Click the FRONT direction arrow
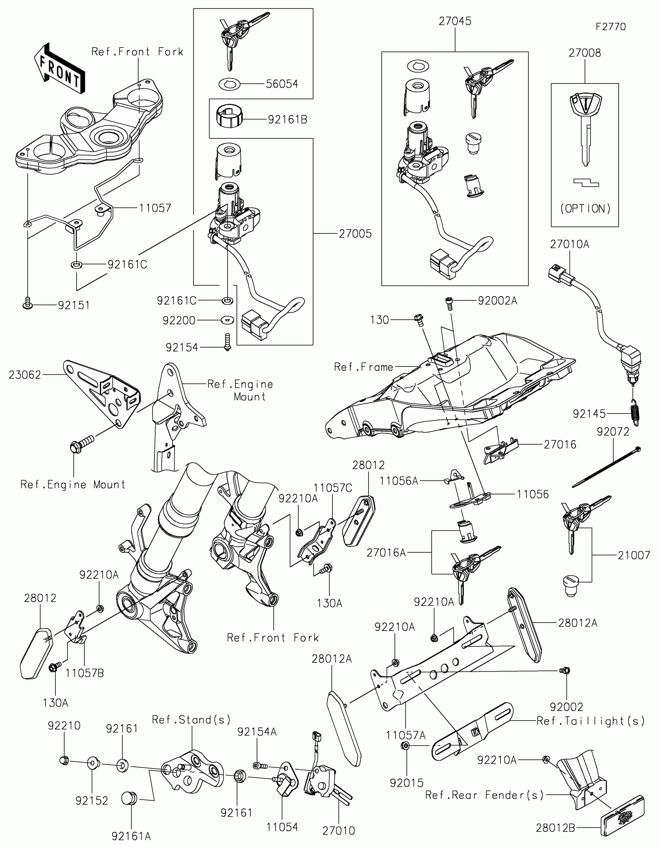click(x=59, y=69)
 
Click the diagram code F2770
click(x=610, y=27)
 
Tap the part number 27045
click(x=455, y=21)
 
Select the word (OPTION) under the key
click(x=585, y=209)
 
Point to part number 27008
click(x=584, y=53)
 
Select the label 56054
click(x=282, y=84)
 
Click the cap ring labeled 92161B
click(x=229, y=116)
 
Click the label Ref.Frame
click(x=363, y=367)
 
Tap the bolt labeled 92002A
click(x=449, y=302)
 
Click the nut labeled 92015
click(x=405, y=745)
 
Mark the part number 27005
click(x=355, y=234)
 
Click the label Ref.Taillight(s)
click(x=590, y=721)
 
